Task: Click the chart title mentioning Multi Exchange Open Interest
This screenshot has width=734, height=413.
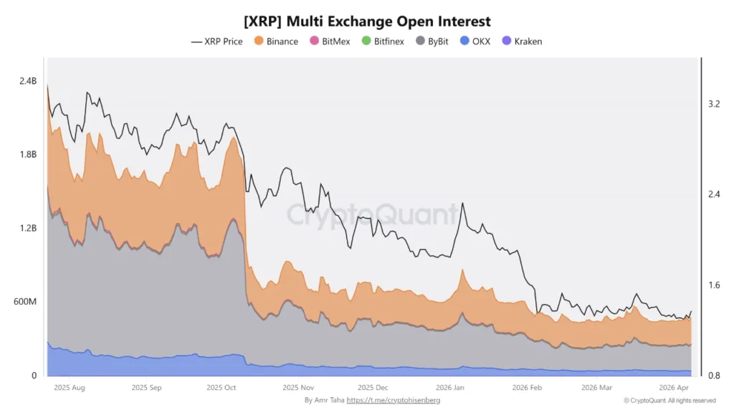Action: click(367, 22)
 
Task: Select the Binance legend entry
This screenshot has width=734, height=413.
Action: click(276, 42)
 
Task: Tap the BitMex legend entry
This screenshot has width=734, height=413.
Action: click(330, 42)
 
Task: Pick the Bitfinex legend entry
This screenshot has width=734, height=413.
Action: click(382, 42)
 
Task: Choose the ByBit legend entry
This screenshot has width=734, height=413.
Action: click(432, 42)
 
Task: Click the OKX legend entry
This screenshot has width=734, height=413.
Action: click(475, 42)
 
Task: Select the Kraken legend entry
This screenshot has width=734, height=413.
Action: click(523, 42)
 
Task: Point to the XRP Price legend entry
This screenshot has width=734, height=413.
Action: click(217, 42)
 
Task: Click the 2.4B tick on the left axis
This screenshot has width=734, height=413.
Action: click(27, 81)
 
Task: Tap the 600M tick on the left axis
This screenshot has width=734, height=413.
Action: click(24, 301)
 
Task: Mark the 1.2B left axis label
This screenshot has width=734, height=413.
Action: click(27, 228)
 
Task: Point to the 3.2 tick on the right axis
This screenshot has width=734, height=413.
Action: click(713, 104)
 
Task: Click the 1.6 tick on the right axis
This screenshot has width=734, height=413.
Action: click(713, 285)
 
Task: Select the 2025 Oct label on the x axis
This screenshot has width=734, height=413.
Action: click(221, 387)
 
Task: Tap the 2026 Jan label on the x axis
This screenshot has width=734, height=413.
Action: click(449, 387)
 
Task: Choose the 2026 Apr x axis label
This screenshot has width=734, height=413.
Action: click(675, 387)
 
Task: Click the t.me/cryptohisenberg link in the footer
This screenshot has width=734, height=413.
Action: click(393, 400)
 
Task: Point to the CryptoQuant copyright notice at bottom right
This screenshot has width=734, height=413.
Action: click(669, 400)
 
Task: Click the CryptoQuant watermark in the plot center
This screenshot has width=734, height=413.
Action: click(372, 214)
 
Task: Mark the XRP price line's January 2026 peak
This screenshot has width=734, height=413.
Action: click(463, 204)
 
